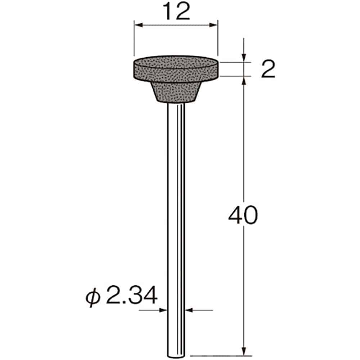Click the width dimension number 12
point(176,12)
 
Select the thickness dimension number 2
point(268,69)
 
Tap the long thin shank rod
point(176,216)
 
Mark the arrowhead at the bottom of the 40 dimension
point(244,351)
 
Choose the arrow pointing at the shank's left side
point(164,310)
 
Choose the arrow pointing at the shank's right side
point(189,310)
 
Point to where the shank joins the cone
point(176,104)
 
